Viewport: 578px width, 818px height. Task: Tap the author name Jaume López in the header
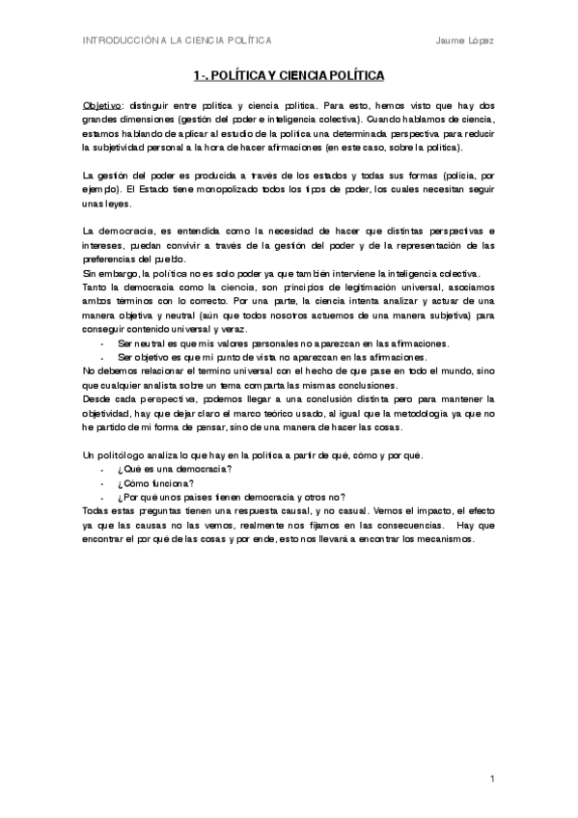[465, 40]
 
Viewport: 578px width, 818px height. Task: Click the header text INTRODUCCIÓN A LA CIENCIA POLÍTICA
[177, 40]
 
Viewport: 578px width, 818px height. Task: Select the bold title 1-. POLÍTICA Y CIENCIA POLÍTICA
[289, 74]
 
